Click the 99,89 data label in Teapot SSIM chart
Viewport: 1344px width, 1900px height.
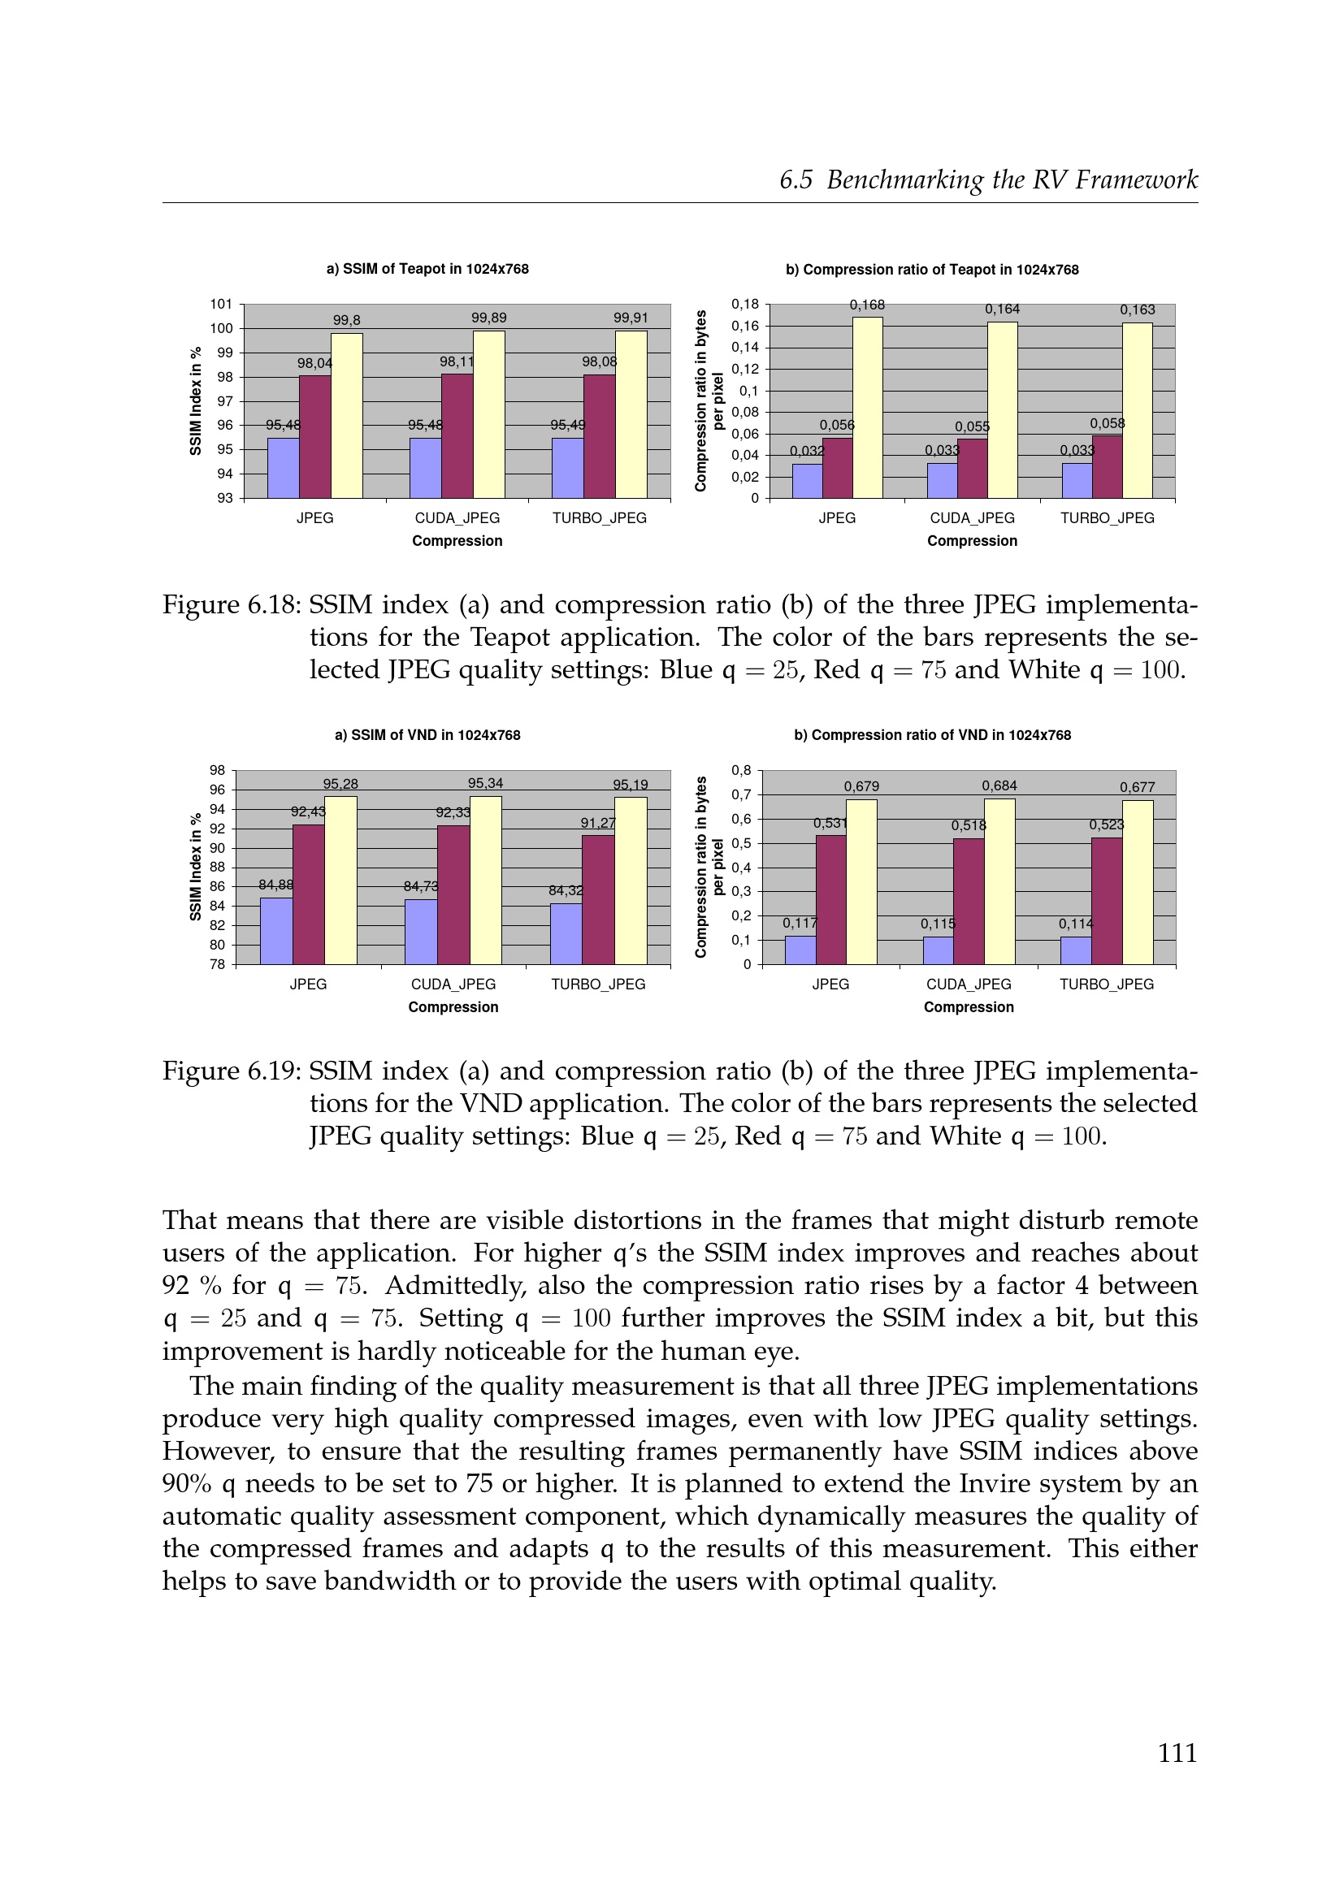tap(488, 318)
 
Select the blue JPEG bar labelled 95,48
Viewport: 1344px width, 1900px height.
tap(283, 468)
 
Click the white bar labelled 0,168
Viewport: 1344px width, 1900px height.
tap(867, 407)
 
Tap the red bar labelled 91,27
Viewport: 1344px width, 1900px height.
tap(597, 899)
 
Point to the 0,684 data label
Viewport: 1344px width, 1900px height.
tap(999, 786)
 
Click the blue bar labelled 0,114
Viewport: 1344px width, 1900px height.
tap(1075, 950)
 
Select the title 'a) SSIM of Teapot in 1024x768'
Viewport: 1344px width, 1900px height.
tap(427, 269)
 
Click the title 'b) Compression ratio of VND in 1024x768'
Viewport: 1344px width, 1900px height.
tap(932, 735)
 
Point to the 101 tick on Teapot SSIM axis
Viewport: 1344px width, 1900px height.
tap(221, 304)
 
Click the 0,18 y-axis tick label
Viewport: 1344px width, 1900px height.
tap(744, 304)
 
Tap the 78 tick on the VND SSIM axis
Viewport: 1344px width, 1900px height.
tap(217, 964)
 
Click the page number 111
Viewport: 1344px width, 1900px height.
tap(1177, 1753)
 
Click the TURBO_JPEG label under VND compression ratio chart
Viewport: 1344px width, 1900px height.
tap(1106, 984)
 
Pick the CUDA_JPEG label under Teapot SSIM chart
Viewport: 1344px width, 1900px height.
tap(457, 518)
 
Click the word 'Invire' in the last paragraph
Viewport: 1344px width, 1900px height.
tap(989, 1484)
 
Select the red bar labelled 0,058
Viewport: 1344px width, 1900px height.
tap(1107, 467)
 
